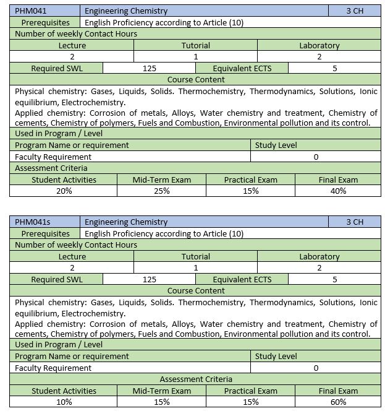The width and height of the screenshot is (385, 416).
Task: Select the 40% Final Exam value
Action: (x=338, y=191)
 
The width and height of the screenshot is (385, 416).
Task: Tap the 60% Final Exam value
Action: (x=338, y=402)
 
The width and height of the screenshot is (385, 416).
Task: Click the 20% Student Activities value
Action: (x=64, y=191)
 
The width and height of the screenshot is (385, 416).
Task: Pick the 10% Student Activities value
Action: (x=64, y=402)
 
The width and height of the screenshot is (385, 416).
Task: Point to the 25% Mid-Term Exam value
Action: (x=162, y=191)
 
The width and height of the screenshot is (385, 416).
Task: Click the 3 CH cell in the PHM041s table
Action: (x=355, y=222)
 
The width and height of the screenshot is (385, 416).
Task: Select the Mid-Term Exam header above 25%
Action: (x=162, y=180)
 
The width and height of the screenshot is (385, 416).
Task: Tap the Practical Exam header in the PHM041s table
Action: (x=250, y=391)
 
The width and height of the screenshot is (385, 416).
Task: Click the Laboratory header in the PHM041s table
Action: (x=319, y=256)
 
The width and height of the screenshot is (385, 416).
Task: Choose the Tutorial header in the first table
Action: (x=196, y=45)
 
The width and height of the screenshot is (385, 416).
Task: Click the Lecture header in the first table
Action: (x=72, y=45)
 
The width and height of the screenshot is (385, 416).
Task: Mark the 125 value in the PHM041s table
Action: (x=149, y=279)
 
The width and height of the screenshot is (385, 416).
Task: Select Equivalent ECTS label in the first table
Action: (x=242, y=68)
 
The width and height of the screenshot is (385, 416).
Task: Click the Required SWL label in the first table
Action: (x=57, y=68)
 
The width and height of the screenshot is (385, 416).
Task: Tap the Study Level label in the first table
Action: (x=276, y=145)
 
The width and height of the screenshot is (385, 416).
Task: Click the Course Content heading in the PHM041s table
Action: (x=196, y=290)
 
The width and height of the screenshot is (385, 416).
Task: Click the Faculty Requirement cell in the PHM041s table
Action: (x=53, y=368)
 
